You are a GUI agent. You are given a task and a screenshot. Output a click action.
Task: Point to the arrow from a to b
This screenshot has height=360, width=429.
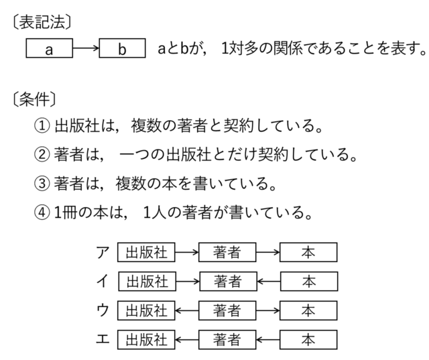tap(86, 48)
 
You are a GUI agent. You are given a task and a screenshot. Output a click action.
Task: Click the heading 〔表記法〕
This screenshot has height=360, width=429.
tap(42, 22)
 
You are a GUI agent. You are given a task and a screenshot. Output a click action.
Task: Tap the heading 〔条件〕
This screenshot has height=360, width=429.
tap(34, 99)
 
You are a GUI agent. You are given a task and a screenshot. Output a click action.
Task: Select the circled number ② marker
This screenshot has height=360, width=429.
tap(42, 154)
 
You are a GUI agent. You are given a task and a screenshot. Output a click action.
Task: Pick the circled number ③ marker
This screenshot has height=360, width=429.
tap(42, 183)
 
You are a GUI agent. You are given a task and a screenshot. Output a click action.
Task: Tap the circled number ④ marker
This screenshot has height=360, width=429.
tap(42, 213)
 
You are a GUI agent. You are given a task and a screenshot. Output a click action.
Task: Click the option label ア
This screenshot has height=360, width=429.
tap(103, 252)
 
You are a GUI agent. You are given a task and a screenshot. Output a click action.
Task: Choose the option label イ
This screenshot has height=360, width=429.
tap(103, 281)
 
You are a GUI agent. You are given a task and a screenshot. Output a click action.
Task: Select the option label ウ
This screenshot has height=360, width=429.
tap(103, 310)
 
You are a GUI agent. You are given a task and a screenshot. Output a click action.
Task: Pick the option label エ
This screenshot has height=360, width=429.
tap(103, 339)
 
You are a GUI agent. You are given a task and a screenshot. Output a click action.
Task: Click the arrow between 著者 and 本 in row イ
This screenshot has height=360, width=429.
tap(269, 281)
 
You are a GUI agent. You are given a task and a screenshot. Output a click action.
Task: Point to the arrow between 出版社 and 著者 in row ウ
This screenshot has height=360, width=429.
tap(187, 310)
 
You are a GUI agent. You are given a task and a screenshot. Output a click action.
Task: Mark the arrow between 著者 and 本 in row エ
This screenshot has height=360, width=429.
tap(268, 340)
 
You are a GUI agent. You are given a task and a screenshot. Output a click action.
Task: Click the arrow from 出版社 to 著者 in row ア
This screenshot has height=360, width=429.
tap(187, 252)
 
